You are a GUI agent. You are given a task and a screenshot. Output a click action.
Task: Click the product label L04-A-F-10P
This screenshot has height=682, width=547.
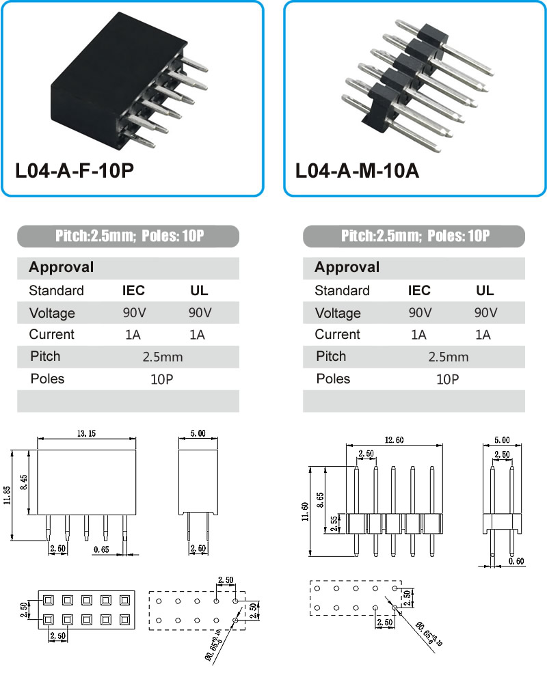pyautogui.click(x=75, y=171)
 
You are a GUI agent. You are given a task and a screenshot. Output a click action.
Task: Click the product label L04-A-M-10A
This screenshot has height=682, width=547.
pyautogui.click(x=358, y=171)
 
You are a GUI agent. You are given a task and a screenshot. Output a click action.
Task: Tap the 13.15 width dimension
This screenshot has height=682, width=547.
pyautogui.click(x=86, y=434)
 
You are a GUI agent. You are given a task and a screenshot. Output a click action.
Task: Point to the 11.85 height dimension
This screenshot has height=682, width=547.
pyautogui.click(x=7, y=495)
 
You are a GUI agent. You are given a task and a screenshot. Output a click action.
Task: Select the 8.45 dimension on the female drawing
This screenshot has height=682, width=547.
pyautogui.click(x=24, y=482)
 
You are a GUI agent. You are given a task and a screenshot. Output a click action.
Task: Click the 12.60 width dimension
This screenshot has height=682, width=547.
pyautogui.click(x=394, y=440)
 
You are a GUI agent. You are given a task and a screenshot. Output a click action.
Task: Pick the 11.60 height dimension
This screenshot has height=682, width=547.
pyautogui.click(x=305, y=511)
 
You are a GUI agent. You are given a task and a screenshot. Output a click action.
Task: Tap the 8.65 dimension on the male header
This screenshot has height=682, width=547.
pyautogui.click(x=320, y=500)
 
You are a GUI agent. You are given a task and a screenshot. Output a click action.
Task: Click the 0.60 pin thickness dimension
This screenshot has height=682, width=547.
pyautogui.click(x=516, y=562)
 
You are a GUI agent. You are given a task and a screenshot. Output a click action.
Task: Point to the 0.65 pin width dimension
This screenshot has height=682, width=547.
pyautogui.click(x=101, y=550)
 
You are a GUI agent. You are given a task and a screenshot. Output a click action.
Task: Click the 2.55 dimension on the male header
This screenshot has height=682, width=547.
pyautogui.click(x=334, y=524)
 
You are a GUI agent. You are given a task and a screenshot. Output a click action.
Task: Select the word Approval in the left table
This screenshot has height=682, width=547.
pyautogui.click(x=62, y=267)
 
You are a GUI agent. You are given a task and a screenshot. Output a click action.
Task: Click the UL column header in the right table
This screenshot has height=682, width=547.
pyautogui.click(x=485, y=290)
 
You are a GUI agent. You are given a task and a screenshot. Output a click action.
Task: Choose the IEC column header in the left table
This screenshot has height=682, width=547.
pyautogui.click(x=133, y=290)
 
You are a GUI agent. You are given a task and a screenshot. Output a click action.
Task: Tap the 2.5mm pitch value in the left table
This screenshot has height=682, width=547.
pyautogui.click(x=163, y=357)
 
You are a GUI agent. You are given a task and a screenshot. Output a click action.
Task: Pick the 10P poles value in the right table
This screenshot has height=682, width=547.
pyautogui.click(x=447, y=379)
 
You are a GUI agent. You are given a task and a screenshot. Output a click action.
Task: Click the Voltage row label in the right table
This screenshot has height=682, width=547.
pyautogui.click(x=338, y=313)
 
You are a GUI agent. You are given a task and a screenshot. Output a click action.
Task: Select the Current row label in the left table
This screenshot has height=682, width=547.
pyautogui.click(x=51, y=334)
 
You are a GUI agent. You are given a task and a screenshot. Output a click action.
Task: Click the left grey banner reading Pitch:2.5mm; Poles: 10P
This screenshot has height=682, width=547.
pyautogui.click(x=128, y=236)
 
